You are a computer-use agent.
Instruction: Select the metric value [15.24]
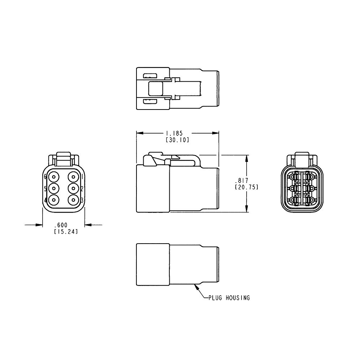click(x=66, y=231)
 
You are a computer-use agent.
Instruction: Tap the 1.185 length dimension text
click(x=177, y=133)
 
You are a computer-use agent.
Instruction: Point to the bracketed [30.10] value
click(x=177, y=140)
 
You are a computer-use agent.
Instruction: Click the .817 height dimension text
click(x=241, y=180)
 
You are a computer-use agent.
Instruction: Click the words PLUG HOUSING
click(x=229, y=298)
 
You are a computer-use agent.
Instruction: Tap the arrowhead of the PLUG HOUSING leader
click(x=195, y=286)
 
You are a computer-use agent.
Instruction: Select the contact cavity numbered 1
click(x=74, y=177)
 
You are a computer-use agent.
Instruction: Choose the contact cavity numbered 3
click(x=74, y=200)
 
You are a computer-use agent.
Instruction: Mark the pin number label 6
click(x=45, y=177)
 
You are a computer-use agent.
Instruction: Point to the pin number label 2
click(x=82, y=188)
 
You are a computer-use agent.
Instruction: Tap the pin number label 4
click(x=45, y=200)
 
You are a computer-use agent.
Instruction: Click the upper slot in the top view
click(x=150, y=76)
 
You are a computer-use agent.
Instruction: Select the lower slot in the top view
click(x=150, y=101)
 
